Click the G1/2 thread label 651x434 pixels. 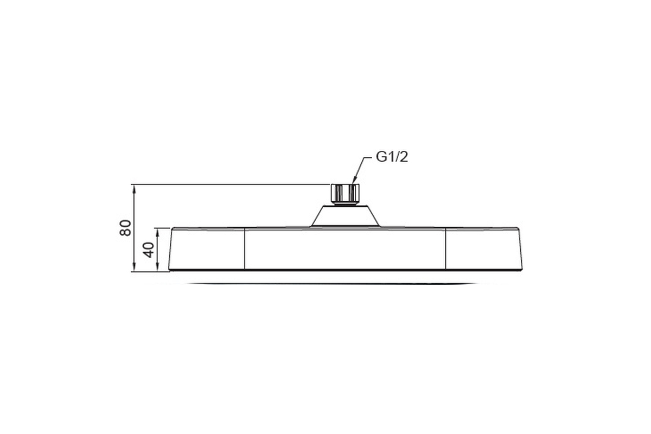click(x=392, y=157)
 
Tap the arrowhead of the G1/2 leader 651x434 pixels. click(x=354, y=180)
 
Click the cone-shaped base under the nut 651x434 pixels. click(x=345, y=216)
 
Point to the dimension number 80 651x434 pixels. click(x=125, y=228)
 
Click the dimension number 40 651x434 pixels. click(x=149, y=250)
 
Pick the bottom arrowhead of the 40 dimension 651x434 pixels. click(x=157, y=266)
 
